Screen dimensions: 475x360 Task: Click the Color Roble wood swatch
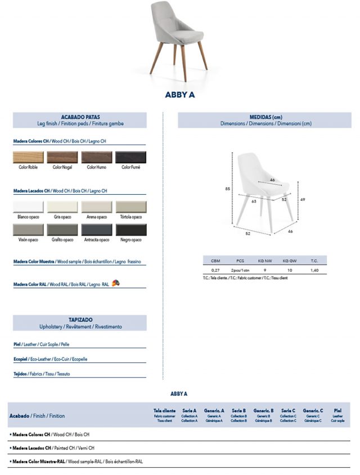(x=28, y=157)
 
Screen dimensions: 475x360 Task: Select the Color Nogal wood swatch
(x=62, y=157)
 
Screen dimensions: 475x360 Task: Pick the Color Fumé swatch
(x=131, y=157)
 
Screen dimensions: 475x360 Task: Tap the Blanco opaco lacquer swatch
(x=28, y=207)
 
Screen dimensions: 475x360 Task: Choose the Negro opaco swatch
(x=131, y=230)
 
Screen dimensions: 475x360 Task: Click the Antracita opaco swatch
(x=97, y=230)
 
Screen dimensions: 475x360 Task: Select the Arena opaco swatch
(x=97, y=207)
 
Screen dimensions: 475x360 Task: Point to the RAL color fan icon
(x=116, y=283)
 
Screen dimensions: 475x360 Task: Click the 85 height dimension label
(x=228, y=189)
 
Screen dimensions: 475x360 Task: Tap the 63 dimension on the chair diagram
(x=254, y=200)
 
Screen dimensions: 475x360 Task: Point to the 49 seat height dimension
(x=302, y=199)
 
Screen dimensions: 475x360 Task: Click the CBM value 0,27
(x=215, y=270)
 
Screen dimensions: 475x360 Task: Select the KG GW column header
(x=289, y=261)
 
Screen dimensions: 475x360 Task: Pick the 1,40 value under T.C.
(x=314, y=270)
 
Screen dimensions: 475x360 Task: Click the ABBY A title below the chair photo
(x=180, y=95)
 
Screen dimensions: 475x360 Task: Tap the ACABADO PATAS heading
(x=80, y=117)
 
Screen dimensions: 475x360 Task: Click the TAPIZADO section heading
(x=80, y=319)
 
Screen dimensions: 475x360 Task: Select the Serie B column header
(x=239, y=411)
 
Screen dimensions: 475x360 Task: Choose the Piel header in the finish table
(x=337, y=411)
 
